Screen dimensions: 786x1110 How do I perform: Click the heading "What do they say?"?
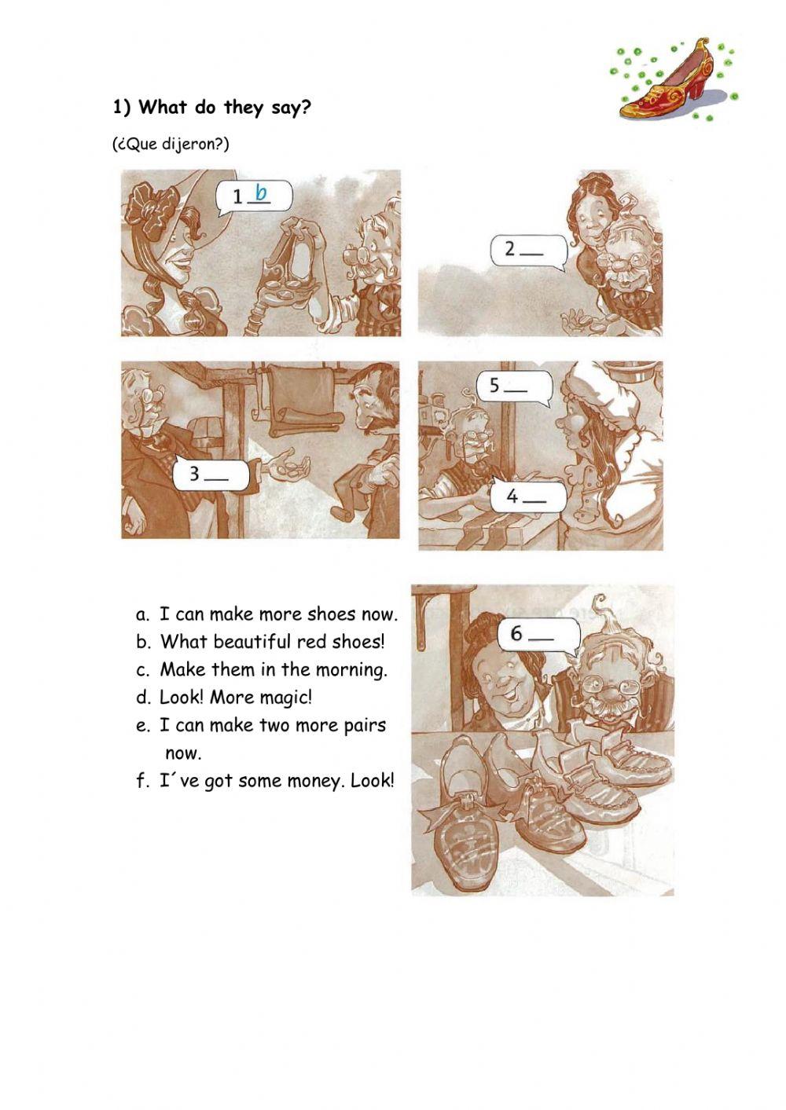pyautogui.click(x=225, y=108)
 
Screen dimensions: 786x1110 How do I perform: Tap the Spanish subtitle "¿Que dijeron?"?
pyautogui.click(x=171, y=145)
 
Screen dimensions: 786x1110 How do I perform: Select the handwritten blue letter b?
pyautogui.click(x=261, y=192)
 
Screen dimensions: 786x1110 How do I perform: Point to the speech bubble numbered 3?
pyautogui.click(x=211, y=475)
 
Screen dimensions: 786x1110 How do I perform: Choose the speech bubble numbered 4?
pyautogui.click(x=529, y=496)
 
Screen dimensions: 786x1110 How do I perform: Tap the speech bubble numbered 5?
pyautogui.click(x=514, y=386)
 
